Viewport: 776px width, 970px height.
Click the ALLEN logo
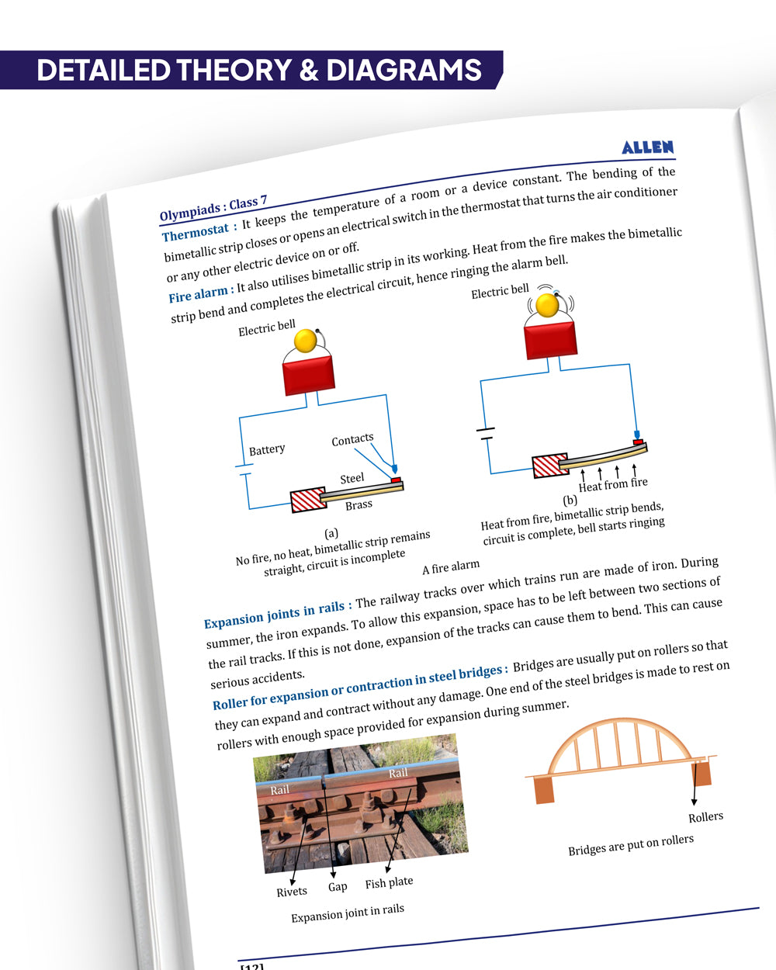tap(648, 147)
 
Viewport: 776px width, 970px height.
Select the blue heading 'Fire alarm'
tap(199, 294)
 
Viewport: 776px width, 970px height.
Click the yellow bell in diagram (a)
tap(306, 341)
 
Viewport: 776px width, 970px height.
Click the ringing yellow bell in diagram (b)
tap(548, 305)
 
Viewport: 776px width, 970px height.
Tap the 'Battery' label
tap(267, 450)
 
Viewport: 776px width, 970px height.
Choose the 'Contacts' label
tap(352, 440)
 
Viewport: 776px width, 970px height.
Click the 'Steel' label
tap(352, 479)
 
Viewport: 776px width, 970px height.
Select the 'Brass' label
tap(359, 505)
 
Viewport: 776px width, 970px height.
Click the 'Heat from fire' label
tap(613, 484)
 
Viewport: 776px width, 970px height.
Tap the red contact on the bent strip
tap(639, 442)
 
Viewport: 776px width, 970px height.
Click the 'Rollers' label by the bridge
tap(705, 817)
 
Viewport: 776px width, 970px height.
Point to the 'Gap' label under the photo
tap(338, 886)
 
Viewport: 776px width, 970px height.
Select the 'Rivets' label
tap(292, 892)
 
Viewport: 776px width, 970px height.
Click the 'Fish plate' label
tap(389, 883)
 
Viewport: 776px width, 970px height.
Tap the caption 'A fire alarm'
tap(451, 568)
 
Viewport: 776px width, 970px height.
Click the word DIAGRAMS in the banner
tap(404, 71)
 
